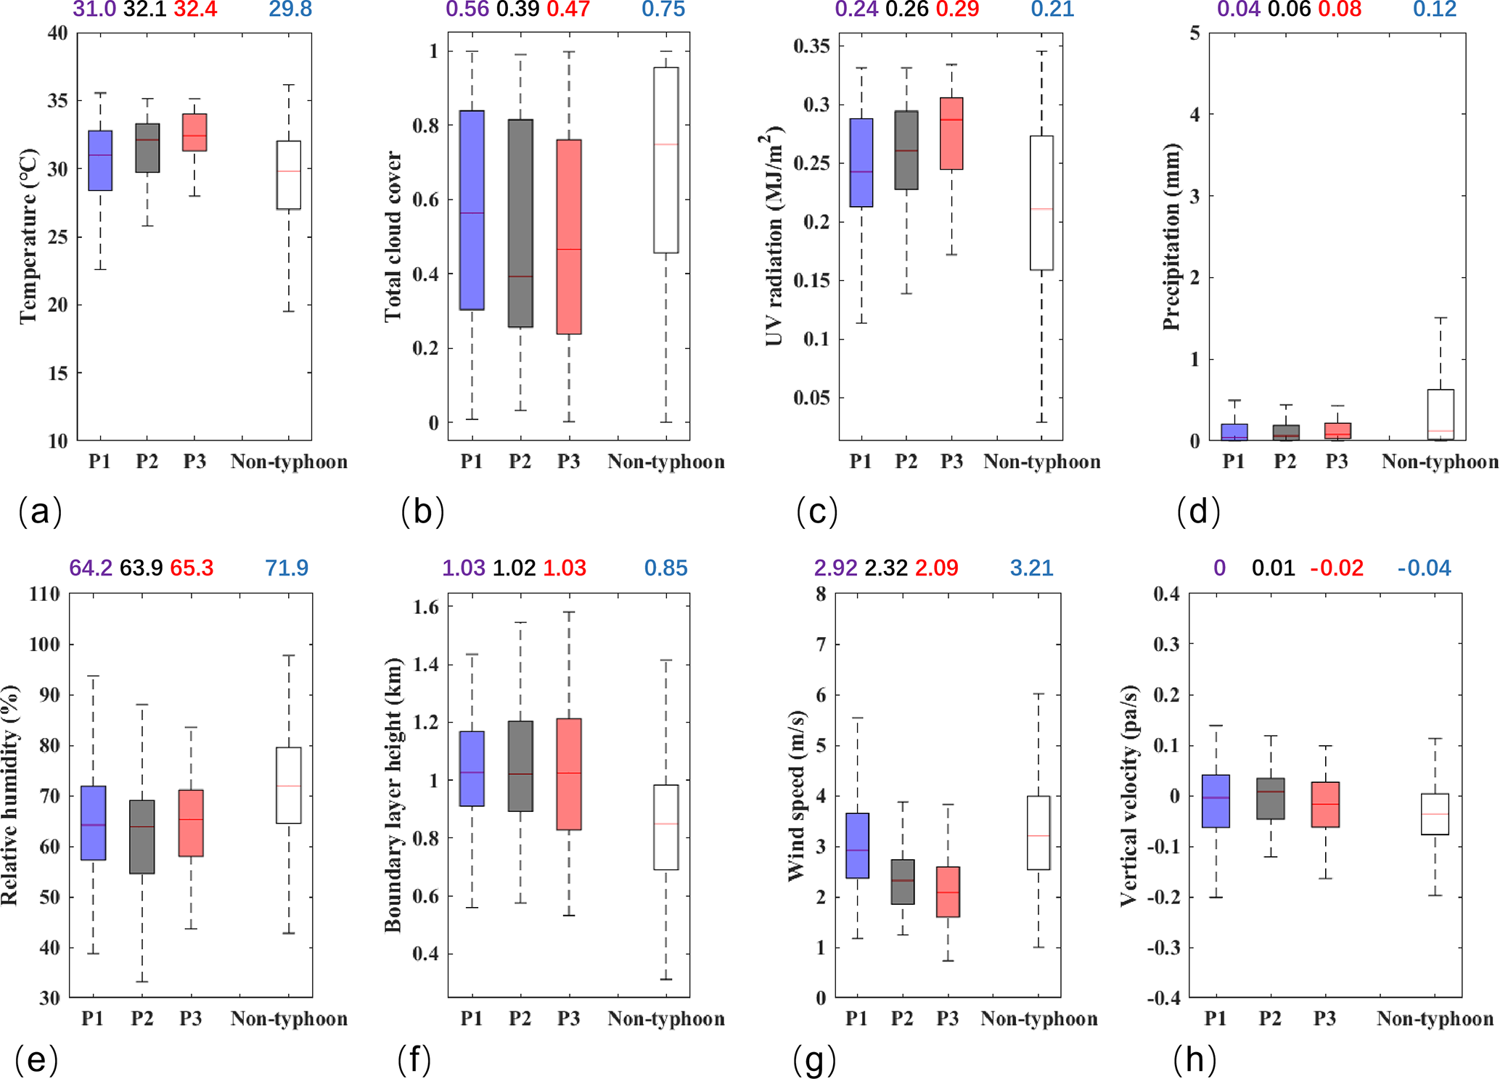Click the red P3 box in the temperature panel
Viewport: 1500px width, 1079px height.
tap(194, 132)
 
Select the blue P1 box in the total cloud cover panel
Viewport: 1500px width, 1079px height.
tap(472, 210)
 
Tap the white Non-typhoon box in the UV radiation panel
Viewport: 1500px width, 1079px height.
tap(1041, 202)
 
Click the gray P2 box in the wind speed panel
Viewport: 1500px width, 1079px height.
tap(902, 882)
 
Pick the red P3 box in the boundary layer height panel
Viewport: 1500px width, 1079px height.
tap(569, 774)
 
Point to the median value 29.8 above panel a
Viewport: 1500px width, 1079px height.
tap(290, 9)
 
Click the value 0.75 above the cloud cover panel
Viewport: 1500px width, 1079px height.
tap(663, 9)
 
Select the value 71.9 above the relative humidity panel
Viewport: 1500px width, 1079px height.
tap(287, 567)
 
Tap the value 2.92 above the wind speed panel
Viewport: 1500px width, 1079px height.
tap(835, 567)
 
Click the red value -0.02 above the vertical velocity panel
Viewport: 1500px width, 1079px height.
tap(1337, 567)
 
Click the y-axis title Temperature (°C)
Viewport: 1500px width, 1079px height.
tap(28, 237)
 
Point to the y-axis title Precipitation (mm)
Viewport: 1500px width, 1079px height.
tap(1170, 237)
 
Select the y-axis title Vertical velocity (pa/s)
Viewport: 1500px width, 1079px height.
tap(1128, 795)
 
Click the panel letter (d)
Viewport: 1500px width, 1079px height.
tap(1198, 512)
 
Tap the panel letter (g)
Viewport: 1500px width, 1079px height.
tap(814, 1060)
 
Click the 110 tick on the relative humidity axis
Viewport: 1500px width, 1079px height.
tap(44, 594)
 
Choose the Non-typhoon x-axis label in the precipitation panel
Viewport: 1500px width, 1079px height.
tap(1440, 461)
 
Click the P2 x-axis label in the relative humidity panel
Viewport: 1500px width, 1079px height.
tap(142, 1019)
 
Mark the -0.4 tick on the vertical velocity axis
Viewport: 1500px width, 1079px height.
tap(1163, 998)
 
